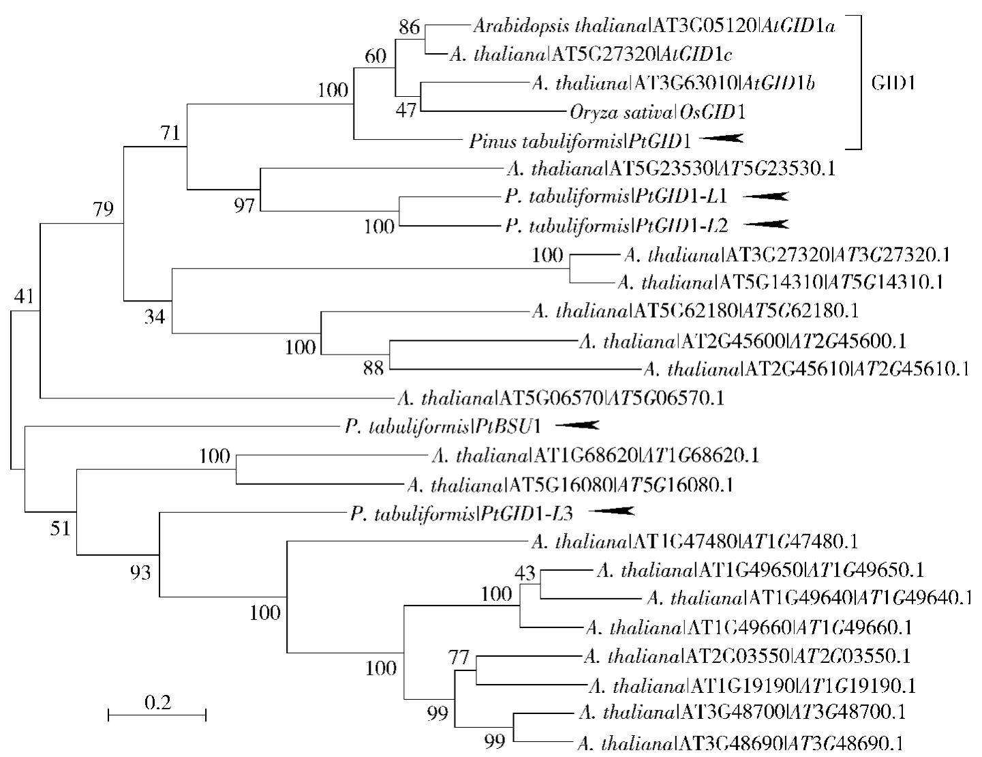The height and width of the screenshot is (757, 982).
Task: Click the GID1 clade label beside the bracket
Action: [893, 84]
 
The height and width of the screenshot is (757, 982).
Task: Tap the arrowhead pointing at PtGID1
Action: [721, 138]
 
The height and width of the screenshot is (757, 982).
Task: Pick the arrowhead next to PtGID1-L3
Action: [611, 511]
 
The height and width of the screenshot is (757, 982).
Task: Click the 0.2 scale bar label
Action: [157, 702]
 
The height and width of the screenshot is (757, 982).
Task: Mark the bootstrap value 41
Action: [24, 296]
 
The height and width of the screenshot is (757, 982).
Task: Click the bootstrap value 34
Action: [154, 316]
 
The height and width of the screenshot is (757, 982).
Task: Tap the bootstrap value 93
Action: [140, 573]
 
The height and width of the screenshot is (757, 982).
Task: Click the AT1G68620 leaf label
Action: [596, 454]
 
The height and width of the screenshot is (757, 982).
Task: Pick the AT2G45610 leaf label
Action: [806, 369]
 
